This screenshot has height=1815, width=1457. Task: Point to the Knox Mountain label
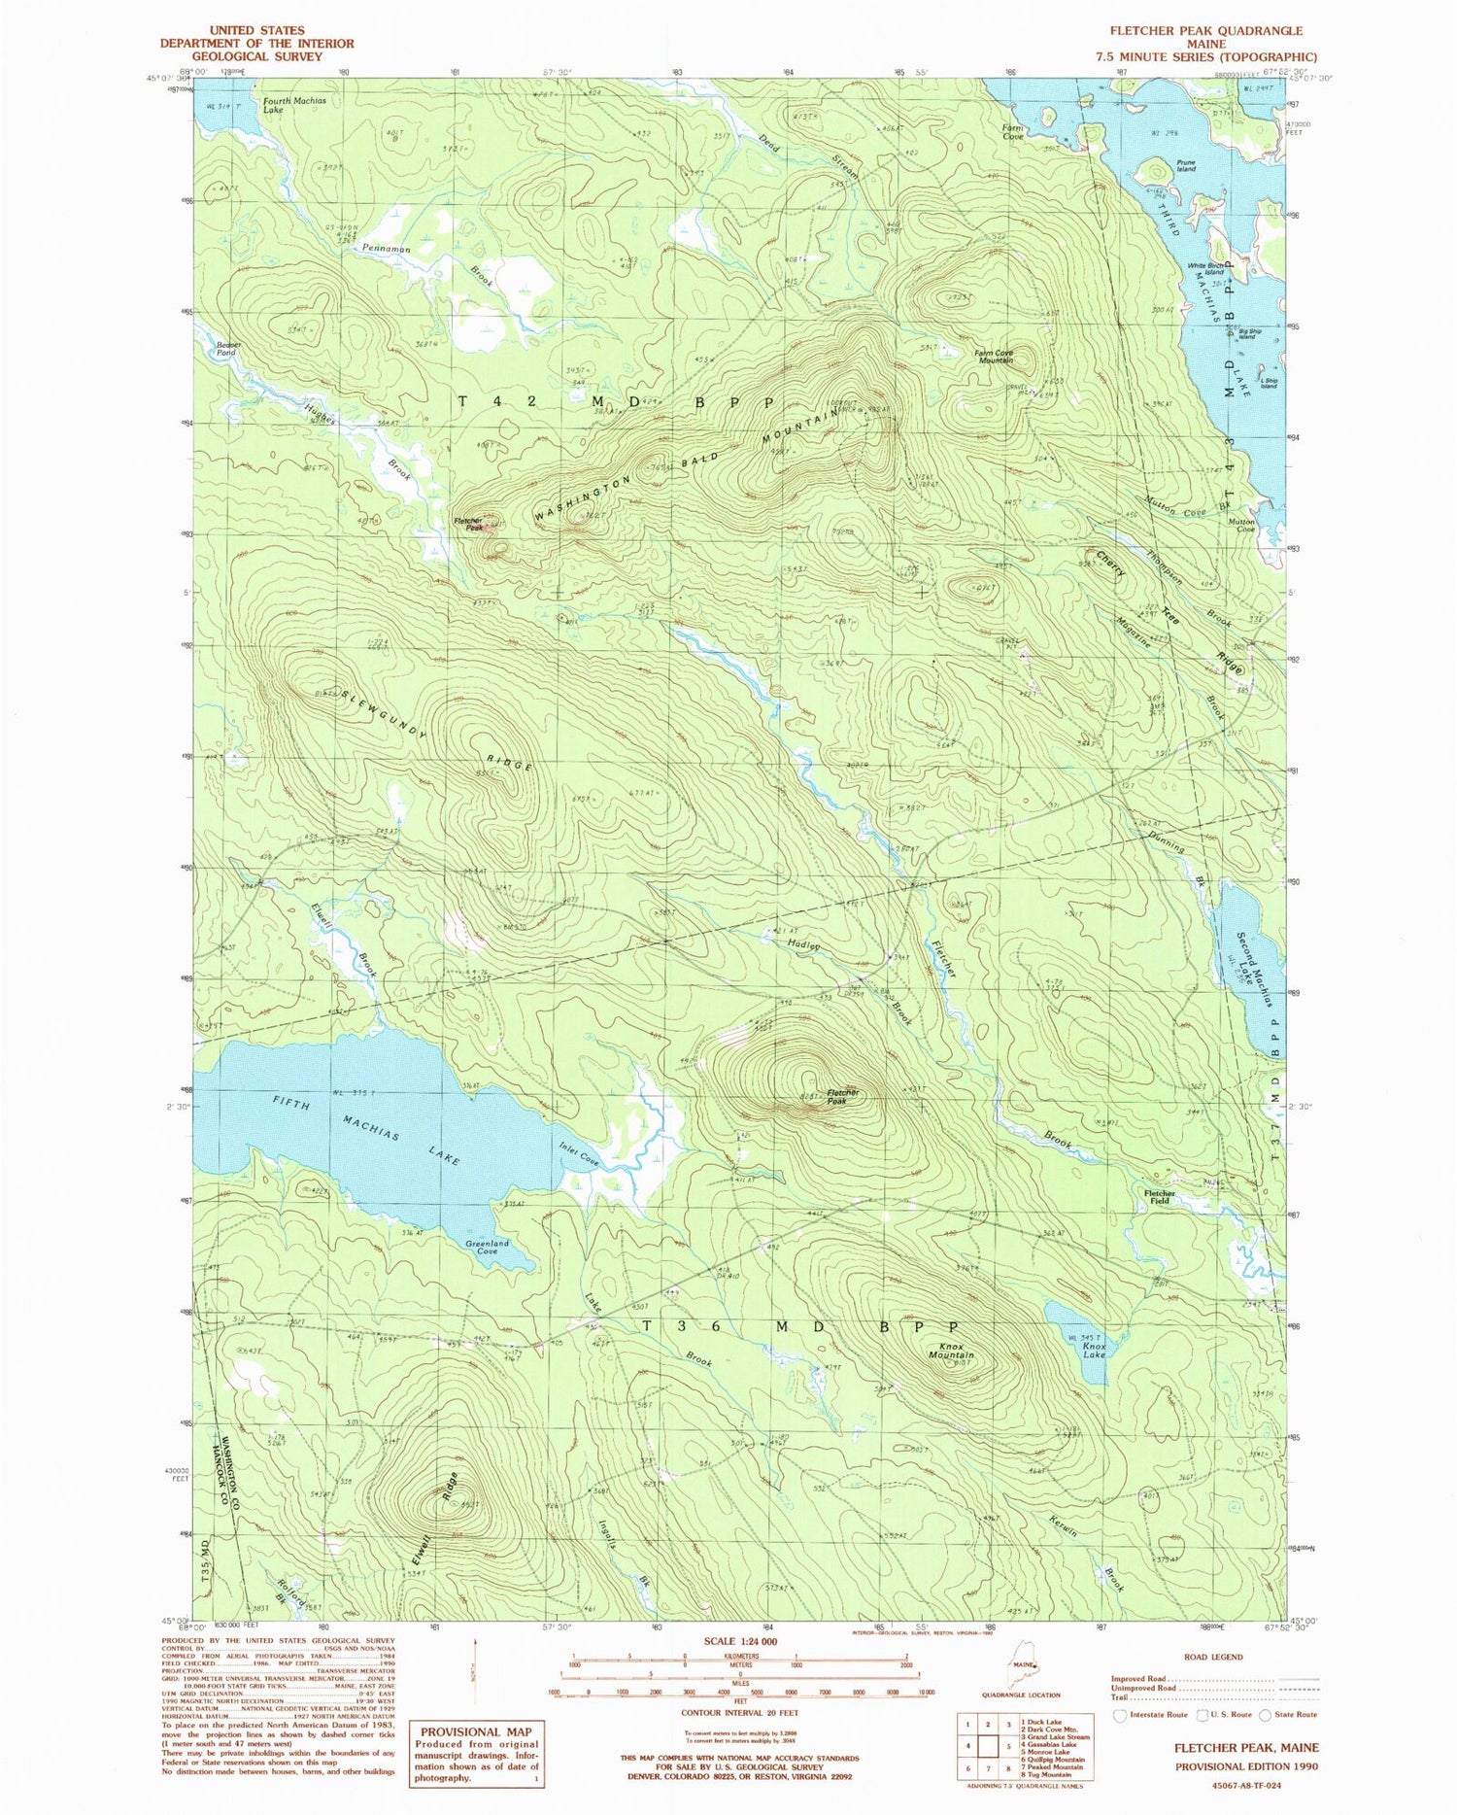click(951, 1350)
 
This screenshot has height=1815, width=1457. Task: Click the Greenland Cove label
click(487, 1247)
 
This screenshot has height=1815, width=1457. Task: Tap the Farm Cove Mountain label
click(994, 356)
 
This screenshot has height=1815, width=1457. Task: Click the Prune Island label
click(1185, 166)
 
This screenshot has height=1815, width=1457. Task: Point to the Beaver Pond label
click(226, 349)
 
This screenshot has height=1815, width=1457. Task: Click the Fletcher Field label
click(1159, 1196)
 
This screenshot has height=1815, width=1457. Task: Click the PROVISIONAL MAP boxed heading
click(476, 1731)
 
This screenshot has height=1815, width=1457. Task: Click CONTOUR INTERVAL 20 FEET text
click(734, 1713)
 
